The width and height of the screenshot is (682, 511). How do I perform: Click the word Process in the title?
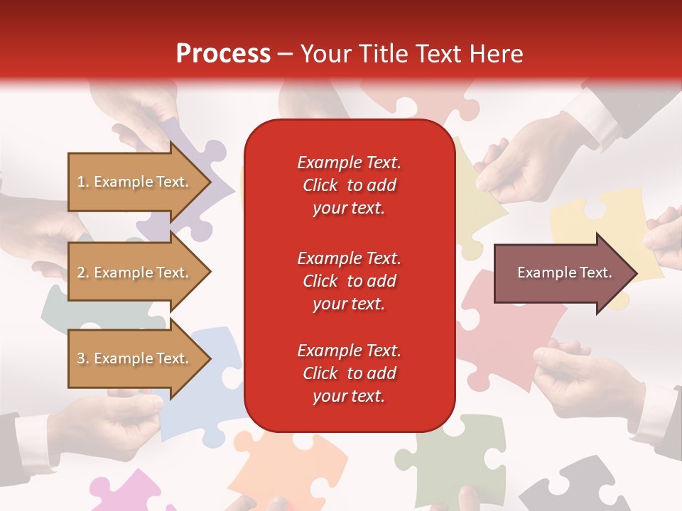tap(223, 54)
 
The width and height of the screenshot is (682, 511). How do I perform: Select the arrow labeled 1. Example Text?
tap(135, 182)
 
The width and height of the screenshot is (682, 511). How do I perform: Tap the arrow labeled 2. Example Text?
tap(135, 273)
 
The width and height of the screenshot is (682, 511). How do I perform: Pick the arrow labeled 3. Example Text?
tap(135, 358)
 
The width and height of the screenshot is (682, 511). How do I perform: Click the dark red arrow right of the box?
tap(561, 273)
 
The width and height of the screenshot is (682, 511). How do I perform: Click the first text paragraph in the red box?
tap(349, 185)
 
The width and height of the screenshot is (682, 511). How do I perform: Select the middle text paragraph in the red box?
tap(349, 281)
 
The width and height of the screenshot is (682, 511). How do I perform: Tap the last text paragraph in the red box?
tap(349, 373)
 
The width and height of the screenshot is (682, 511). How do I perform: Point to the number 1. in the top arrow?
tap(83, 182)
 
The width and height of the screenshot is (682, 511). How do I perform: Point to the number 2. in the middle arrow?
tap(83, 273)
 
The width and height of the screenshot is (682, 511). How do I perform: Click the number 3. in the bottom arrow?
tap(83, 358)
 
